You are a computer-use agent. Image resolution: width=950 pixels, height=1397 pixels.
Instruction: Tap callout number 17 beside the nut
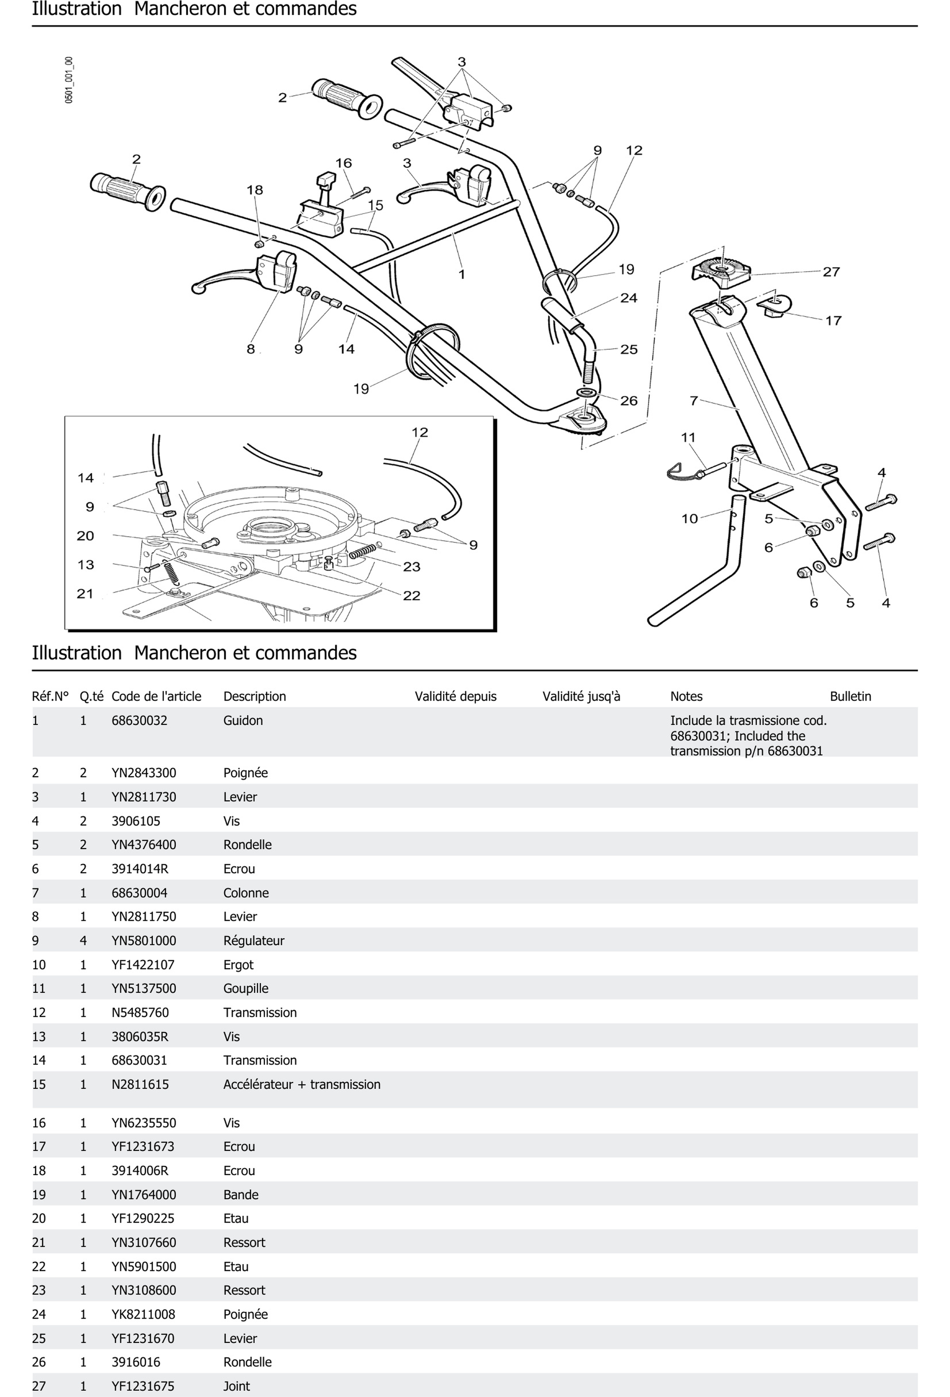[833, 321]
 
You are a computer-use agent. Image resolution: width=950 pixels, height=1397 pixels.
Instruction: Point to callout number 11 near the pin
[688, 437]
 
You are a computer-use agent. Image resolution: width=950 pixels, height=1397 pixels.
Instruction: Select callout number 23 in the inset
[411, 566]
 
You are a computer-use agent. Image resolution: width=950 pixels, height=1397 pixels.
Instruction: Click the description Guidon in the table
[243, 720]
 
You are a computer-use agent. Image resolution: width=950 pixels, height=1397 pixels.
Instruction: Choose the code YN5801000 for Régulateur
[144, 940]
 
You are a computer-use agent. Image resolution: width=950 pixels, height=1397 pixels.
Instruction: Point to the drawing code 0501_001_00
[69, 80]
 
